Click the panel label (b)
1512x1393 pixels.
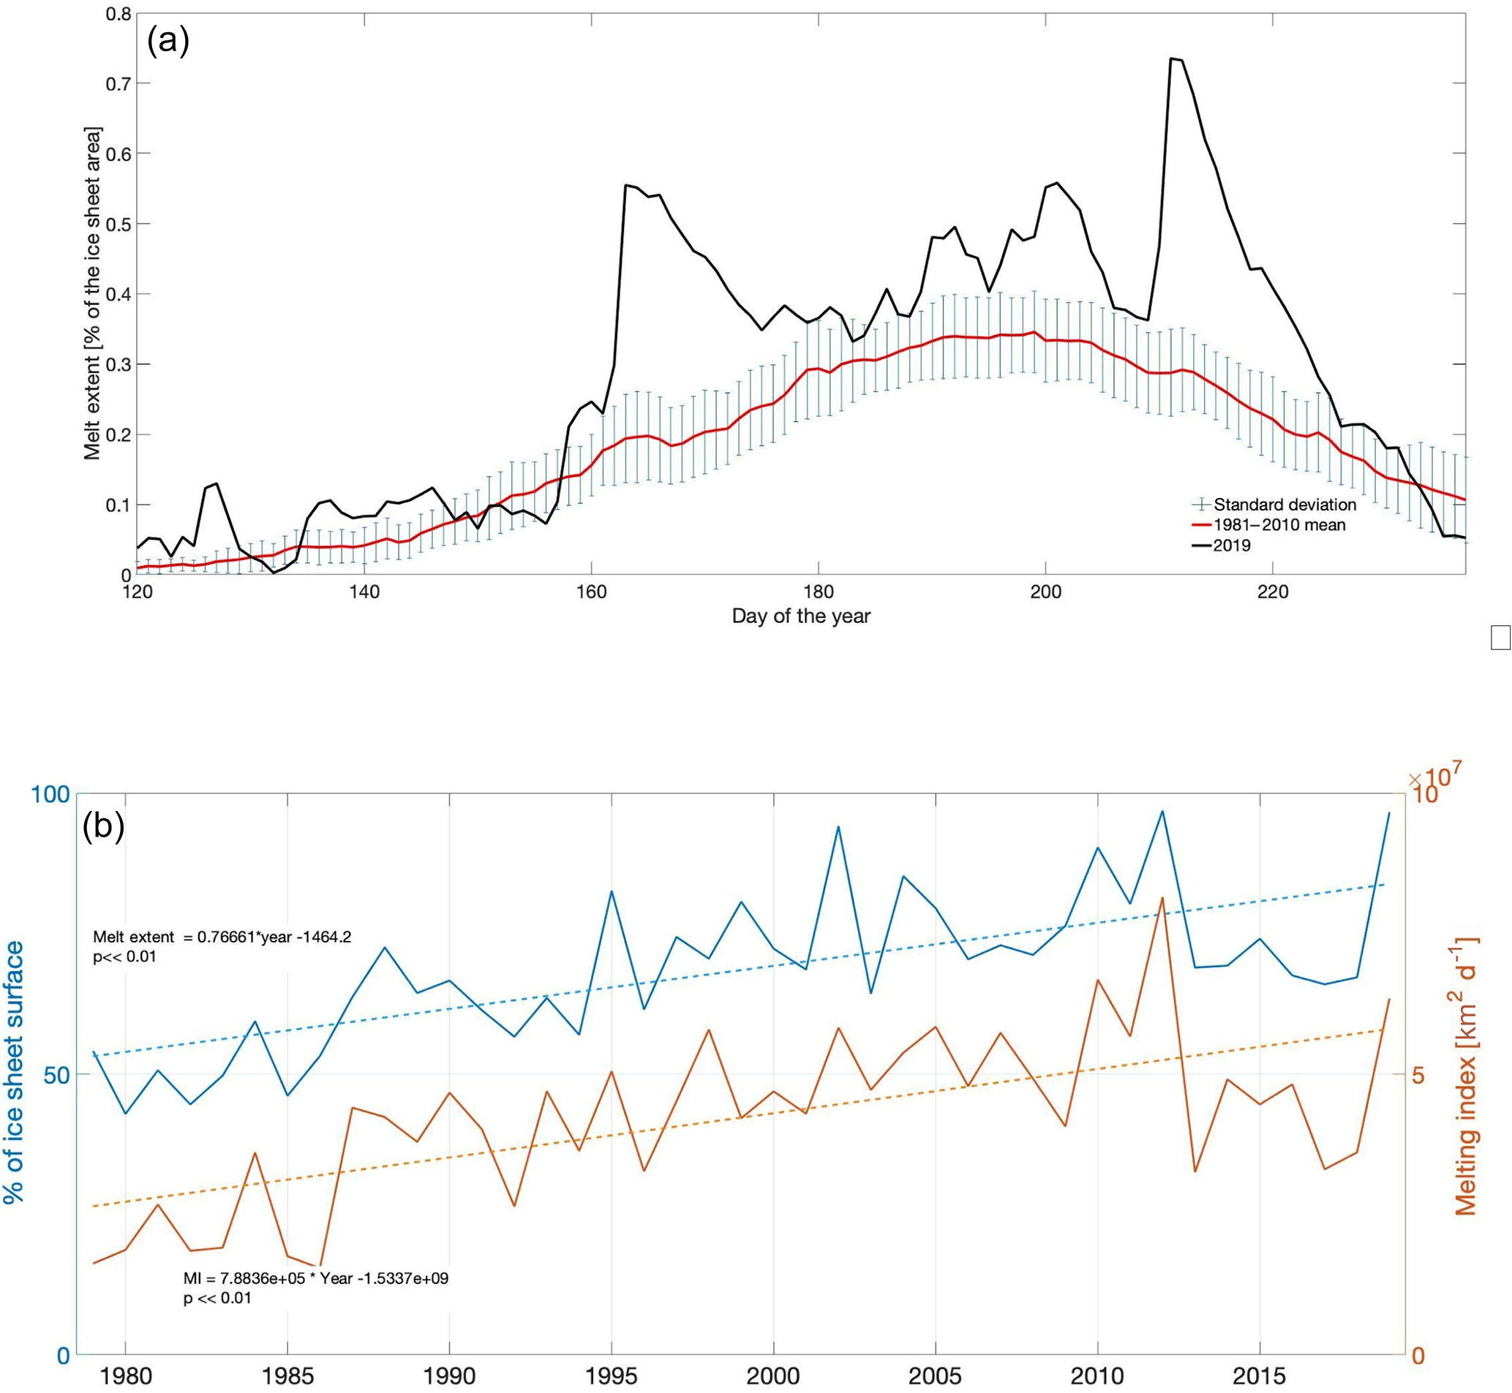point(103,826)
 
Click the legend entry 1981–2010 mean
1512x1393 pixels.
point(1279,524)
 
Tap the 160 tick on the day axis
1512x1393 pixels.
point(591,592)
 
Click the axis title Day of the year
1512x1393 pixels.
point(801,616)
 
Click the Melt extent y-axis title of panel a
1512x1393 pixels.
point(92,294)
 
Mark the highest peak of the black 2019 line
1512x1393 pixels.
point(1172,58)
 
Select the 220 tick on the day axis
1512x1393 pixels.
point(1273,592)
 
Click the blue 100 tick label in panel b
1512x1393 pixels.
point(49,793)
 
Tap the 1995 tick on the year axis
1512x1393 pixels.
point(612,1375)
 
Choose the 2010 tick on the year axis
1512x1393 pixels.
point(1098,1375)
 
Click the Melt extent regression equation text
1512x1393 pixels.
point(222,937)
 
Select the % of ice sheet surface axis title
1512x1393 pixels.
point(14,1078)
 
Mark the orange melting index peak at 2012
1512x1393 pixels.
point(1163,898)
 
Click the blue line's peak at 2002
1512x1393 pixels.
point(838,827)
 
